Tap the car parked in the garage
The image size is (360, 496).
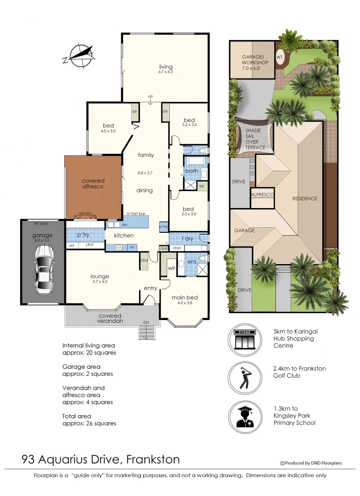pos(44,269)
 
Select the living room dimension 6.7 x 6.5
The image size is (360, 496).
pos(165,73)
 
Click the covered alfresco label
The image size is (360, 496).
pos(93,184)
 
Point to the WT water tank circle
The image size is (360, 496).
pos(279,57)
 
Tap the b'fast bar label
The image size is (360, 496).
pos(136,214)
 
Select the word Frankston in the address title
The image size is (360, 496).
pos(153,459)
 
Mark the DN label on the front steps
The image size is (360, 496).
pos(146,323)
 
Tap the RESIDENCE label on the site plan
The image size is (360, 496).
pos(305,198)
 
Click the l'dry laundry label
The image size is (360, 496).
pos(187,239)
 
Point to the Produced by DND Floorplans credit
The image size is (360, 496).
pos(311,463)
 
